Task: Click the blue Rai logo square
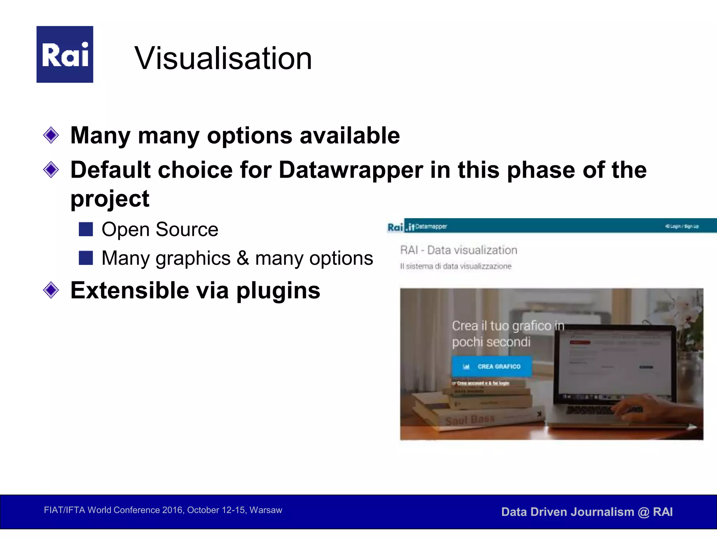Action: (x=65, y=54)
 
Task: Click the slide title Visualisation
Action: (x=223, y=58)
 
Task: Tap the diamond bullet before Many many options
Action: (x=51, y=135)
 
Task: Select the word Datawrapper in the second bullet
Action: (x=351, y=170)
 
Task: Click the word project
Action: (x=110, y=199)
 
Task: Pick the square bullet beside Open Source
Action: (x=86, y=229)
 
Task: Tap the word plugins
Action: (x=278, y=291)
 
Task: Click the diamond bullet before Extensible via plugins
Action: (x=51, y=290)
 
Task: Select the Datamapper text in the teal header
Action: (x=431, y=227)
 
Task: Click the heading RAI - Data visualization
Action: (x=458, y=250)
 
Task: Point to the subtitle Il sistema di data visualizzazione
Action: (x=455, y=266)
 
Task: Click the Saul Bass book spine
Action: (x=470, y=419)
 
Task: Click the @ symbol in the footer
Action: (x=643, y=512)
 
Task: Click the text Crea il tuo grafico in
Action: (x=508, y=326)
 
